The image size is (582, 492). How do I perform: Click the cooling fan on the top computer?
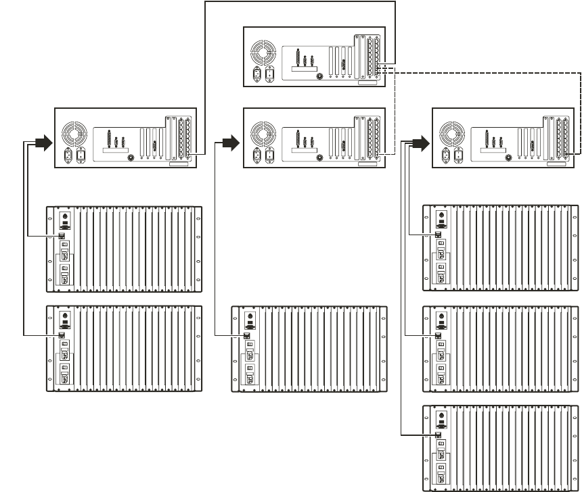coord(263,53)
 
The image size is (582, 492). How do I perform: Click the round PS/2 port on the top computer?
coord(319,76)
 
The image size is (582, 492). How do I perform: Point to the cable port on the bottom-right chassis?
coord(439,435)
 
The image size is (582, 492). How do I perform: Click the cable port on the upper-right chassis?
coord(439,235)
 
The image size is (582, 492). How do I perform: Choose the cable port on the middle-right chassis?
coord(439,335)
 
